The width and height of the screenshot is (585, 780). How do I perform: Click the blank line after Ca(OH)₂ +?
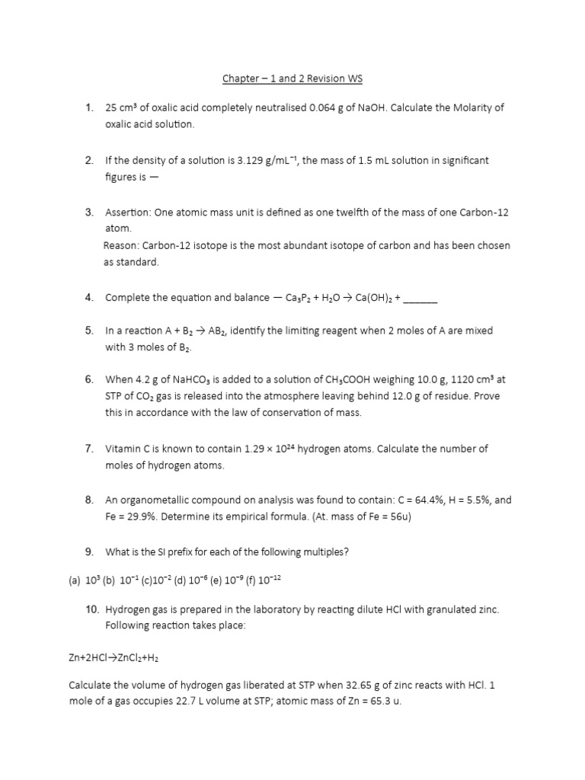(420, 297)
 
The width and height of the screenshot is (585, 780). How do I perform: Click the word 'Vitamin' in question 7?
(123, 449)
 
